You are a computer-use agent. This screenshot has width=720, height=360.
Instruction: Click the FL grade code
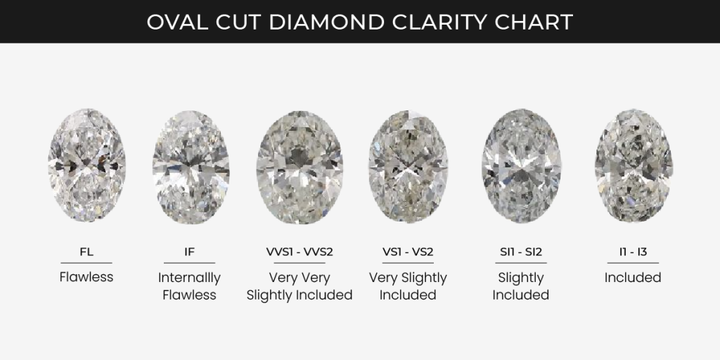pos(86,250)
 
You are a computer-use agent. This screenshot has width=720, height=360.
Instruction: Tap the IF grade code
pos(189,250)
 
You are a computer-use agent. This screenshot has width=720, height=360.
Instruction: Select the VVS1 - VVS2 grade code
pos(300,250)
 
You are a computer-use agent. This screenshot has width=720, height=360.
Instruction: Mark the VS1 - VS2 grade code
pos(408,250)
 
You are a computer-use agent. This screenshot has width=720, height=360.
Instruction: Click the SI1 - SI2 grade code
pos(520,250)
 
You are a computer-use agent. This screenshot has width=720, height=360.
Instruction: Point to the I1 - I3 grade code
pos(633,250)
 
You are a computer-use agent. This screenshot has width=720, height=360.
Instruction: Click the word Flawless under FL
pos(86,277)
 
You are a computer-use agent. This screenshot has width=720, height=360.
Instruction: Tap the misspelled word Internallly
pos(189,277)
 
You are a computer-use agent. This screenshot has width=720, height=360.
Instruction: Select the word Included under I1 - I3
pos(633,277)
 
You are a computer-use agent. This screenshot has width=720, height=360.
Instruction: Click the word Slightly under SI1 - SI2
pos(520,277)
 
